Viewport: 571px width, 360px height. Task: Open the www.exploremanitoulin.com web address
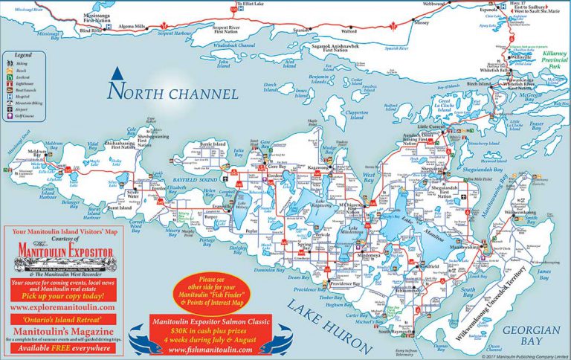coord(62,306)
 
